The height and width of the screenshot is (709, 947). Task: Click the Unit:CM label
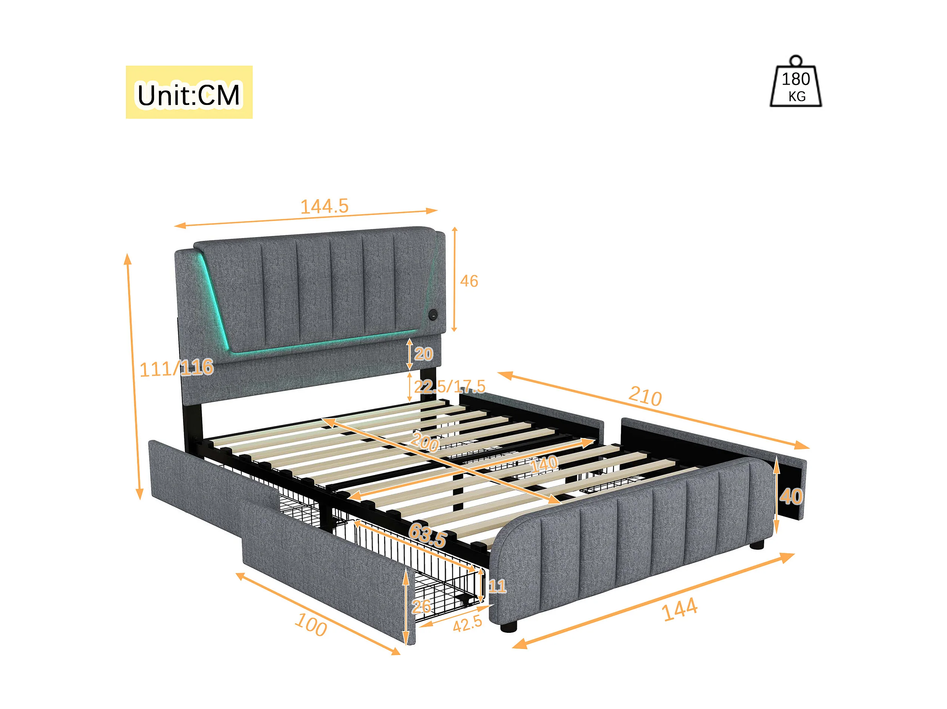coord(188,94)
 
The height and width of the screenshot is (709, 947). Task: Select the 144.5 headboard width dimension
coord(324,206)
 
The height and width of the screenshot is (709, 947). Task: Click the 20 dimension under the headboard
coord(424,354)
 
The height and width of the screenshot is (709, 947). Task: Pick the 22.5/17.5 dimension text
coord(449,386)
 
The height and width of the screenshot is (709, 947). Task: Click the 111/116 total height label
coord(176,368)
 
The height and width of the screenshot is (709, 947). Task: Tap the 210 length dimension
coord(645,397)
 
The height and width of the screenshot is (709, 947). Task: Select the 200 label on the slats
coord(425,441)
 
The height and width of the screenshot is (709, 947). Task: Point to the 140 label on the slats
coord(544,464)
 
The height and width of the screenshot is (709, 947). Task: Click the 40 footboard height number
coord(791,497)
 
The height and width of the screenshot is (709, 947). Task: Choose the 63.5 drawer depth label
coord(428,535)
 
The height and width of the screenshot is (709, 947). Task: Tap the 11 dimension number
coord(497,586)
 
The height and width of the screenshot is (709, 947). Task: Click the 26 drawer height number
coord(421,606)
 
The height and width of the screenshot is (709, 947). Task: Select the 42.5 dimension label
coord(467,625)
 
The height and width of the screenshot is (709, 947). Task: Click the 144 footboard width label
coord(679,610)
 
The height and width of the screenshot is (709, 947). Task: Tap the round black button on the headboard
coord(433,315)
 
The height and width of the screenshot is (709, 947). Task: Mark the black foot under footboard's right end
coord(756,545)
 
